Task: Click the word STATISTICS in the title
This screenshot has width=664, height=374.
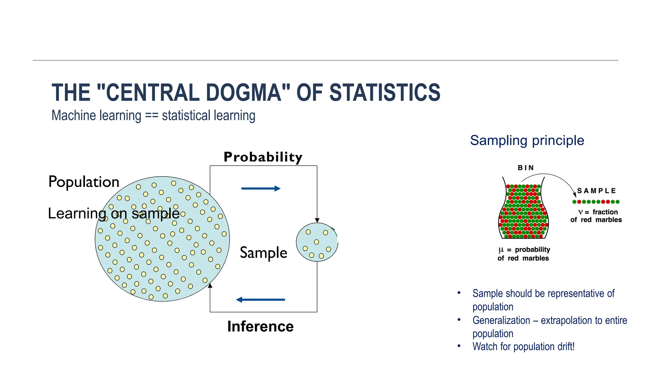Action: (385, 93)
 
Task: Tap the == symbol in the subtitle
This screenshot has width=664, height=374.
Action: (151, 116)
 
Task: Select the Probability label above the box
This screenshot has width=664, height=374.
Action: (263, 157)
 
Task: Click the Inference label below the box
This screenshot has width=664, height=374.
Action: (260, 326)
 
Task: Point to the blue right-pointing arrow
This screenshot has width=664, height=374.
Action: (261, 188)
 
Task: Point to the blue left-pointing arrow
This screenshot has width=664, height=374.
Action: (261, 300)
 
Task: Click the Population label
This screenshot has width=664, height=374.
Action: (84, 182)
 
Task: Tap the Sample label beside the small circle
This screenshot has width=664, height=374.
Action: (263, 253)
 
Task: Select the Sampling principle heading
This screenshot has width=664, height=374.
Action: (527, 141)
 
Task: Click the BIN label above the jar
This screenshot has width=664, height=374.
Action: (526, 168)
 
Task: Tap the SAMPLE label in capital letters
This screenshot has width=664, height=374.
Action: (596, 191)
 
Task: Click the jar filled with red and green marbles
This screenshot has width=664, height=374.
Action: (523, 211)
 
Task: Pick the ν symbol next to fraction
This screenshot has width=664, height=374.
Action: (580, 212)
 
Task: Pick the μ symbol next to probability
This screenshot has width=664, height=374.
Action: (501, 250)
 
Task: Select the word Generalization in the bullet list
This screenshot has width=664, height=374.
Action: (501, 320)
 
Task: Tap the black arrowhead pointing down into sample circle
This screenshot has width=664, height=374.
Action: (317, 220)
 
